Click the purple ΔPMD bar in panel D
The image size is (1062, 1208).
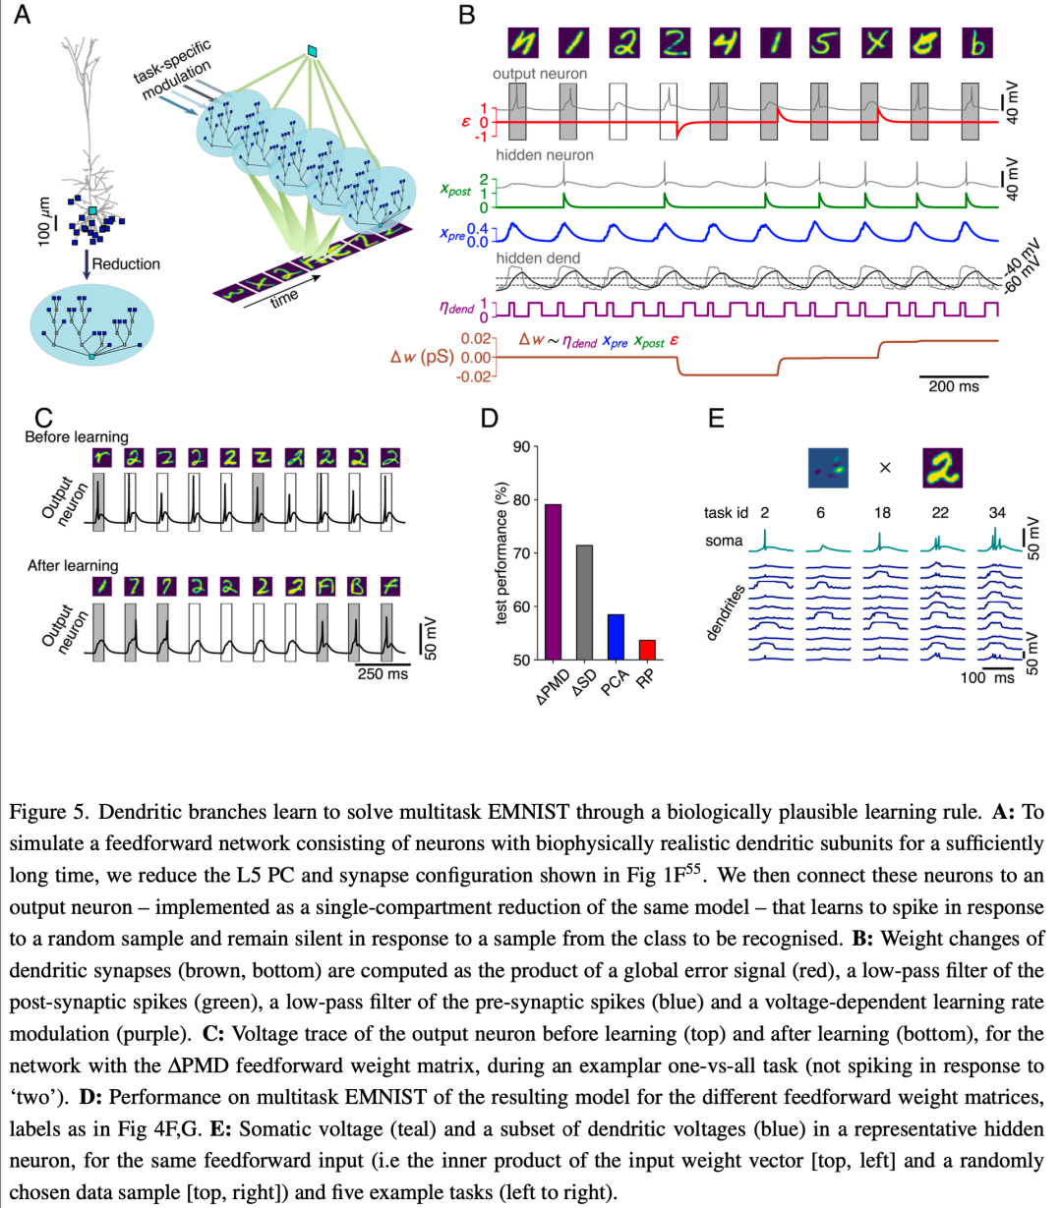click(x=553, y=582)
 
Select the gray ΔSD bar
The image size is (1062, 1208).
click(x=584, y=603)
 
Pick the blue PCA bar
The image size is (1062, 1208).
click(x=616, y=637)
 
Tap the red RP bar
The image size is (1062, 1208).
click(x=647, y=650)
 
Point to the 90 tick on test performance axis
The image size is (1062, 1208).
click(x=521, y=447)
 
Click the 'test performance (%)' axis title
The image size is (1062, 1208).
click(x=501, y=552)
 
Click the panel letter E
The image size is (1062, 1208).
click(x=716, y=419)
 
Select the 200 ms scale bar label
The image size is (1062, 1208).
click(x=954, y=386)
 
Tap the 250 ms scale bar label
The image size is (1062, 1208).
click(x=383, y=673)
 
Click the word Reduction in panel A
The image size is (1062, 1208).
click(x=126, y=264)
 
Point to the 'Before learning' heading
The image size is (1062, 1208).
click(x=77, y=437)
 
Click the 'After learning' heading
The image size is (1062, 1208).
click(x=73, y=565)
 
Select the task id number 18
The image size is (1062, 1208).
click(x=882, y=513)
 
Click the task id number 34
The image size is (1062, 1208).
click(x=997, y=513)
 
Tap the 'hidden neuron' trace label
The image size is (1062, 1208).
click(x=545, y=155)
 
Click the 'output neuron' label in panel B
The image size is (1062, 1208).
click(x=540, y=74)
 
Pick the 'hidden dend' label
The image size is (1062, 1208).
click(x=538, y=259)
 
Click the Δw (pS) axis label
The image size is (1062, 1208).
click(x=422, y=358)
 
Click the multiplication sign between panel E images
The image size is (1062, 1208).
click(x=885, y=468)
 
